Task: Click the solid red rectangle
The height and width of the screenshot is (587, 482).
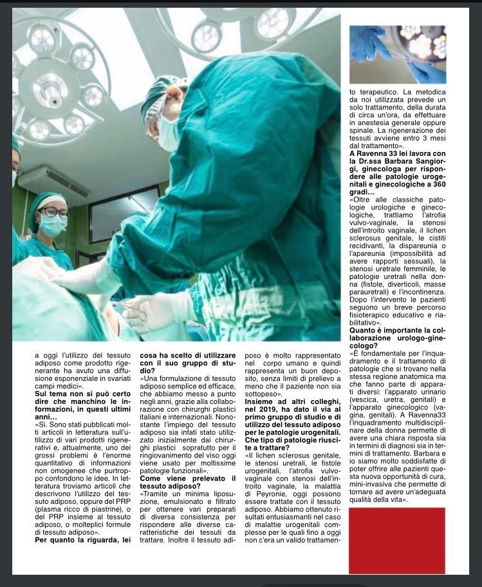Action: (x=396, y=540)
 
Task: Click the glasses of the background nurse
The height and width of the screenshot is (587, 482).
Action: (x=55, y=212)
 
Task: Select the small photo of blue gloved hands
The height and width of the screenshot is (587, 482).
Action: (x=397, y=54)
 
